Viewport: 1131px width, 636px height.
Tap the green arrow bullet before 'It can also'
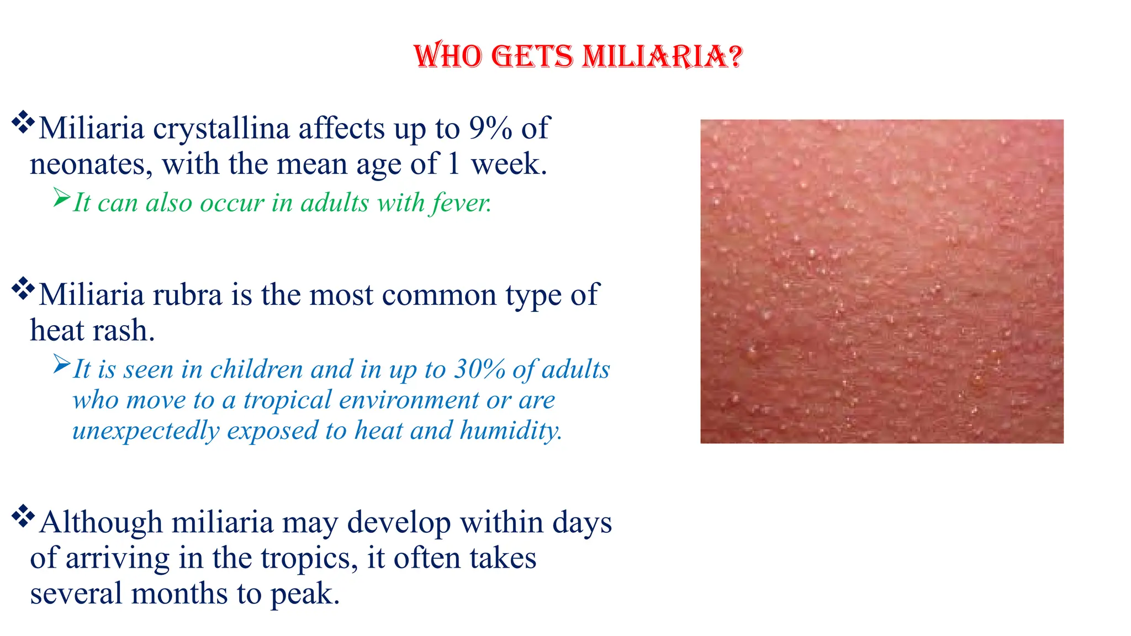pyautogui.click(x=62, y=197)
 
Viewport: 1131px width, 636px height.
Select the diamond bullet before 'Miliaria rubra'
pyautogui.click(x=23, y=288)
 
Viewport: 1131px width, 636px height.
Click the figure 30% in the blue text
pyautogui.click(x=479, y=369)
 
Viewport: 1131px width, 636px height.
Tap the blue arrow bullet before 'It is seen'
pyautogui.click(x=62, y=364)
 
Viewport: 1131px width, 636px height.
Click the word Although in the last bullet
pyautogui.click(x=101, y=522)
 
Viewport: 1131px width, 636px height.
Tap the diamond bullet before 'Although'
pyautogui.click(x=23, y=516)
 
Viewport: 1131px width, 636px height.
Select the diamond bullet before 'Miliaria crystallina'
pyautogui.click(x=23, y=122)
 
